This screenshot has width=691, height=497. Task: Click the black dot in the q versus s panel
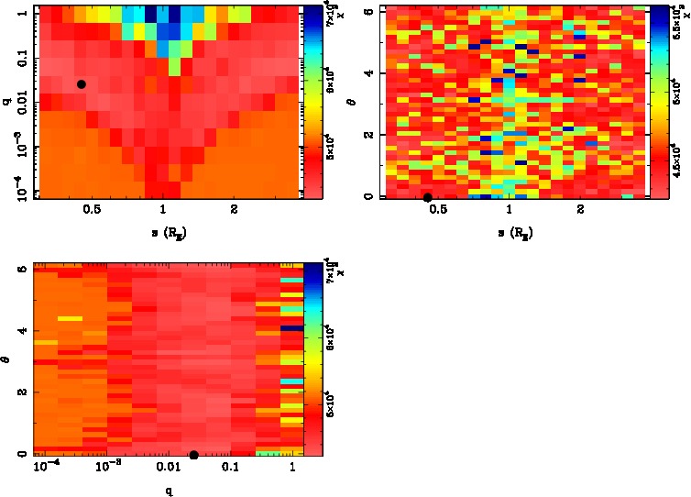[82, 84]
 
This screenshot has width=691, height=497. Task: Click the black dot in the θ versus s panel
[427, 196]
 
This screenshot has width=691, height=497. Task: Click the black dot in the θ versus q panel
[193, 455]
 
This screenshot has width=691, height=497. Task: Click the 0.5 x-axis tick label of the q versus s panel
[92, 209]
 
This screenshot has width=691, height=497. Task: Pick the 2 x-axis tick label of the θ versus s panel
[581, 209]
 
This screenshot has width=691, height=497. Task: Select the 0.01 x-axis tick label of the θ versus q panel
[169, 468]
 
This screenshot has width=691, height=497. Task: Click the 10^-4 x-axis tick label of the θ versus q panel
[48, 467]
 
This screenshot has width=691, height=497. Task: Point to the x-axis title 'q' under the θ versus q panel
[169, 490]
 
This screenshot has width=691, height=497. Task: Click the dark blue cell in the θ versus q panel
[291, 327]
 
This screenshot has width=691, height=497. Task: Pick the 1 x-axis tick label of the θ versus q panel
[291, 468]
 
